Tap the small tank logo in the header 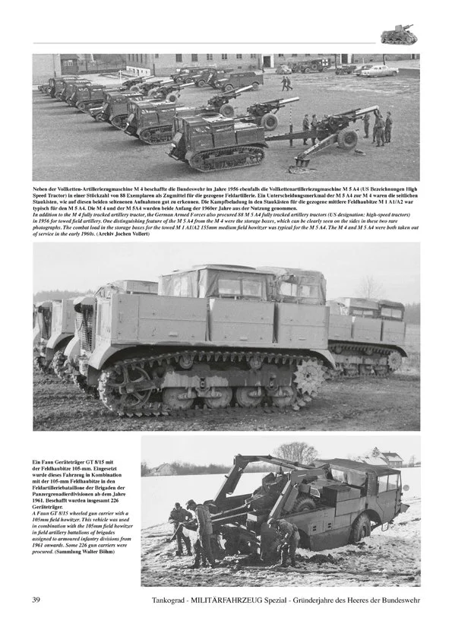[398, 34]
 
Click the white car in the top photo [378, 71]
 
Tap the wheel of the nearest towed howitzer [348, 138]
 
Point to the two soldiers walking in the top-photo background [286, 83]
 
